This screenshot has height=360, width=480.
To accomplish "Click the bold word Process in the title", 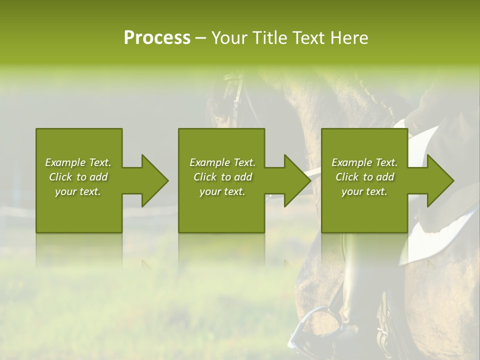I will click(157, 38).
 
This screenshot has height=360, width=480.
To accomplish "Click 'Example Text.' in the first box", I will click(78, 162).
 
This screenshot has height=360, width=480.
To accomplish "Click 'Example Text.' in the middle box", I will click(222, 162).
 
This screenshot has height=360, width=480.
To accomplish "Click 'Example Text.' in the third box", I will click(364, 162).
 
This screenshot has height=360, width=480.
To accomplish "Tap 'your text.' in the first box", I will click(78, 191).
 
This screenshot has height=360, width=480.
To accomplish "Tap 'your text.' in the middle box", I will click(222, 191).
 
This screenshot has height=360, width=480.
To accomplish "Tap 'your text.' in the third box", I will click(364, 191).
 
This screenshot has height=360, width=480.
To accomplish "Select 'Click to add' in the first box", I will click(78, 177).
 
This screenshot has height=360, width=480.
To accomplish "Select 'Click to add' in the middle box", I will click(222, 177).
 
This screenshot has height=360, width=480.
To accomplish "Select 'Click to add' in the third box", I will click(364, 177).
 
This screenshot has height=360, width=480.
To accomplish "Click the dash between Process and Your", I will click(200, 38).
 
